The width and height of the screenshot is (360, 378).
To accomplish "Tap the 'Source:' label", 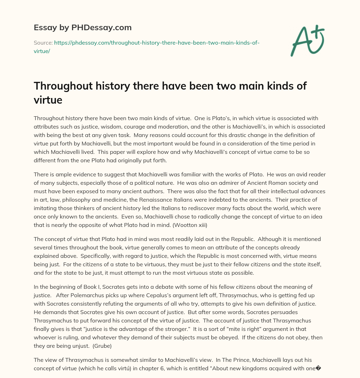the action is tap(43, 43).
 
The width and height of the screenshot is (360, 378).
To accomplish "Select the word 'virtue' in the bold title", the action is tap(48, 100).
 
